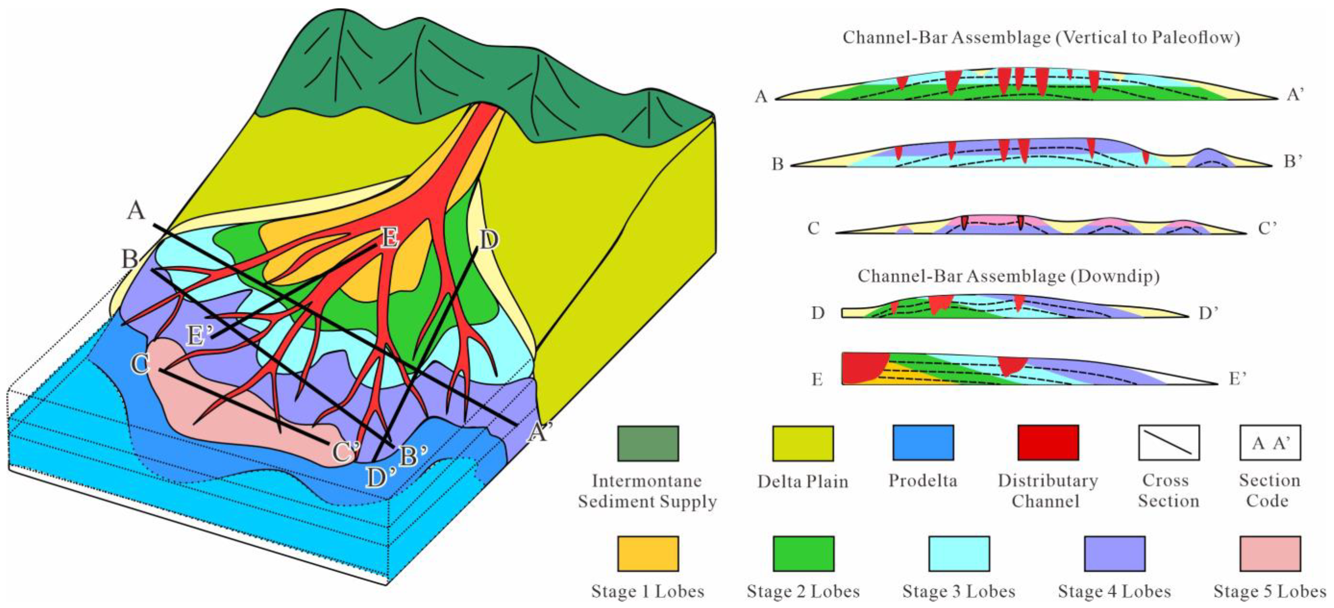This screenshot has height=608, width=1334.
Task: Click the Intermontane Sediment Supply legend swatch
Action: tap(648, 443)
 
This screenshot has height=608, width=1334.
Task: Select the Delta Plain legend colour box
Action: tap(803, 443)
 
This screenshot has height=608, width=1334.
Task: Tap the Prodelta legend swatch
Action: tap(923, 443)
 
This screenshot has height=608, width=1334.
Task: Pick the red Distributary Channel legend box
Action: tap(1048, 443)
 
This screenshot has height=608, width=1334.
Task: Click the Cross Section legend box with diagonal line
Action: tap(1168, 443)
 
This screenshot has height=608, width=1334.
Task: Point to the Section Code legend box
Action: tap(1270, 443)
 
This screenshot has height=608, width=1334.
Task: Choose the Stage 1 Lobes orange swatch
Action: tap(648, 554)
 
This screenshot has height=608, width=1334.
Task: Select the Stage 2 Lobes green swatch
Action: tap(803, 554)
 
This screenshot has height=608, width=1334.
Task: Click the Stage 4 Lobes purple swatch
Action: tap(1114, 554)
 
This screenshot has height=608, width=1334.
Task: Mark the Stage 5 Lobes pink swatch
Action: tap(1270, 554)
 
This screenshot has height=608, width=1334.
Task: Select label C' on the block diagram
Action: tap(345, 452)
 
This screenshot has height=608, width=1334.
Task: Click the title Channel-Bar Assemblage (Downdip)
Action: tap(1008, 276)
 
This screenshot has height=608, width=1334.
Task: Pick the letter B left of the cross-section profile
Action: tap(777, 164)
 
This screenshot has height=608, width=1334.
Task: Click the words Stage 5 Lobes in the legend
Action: tap(1270, 591)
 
